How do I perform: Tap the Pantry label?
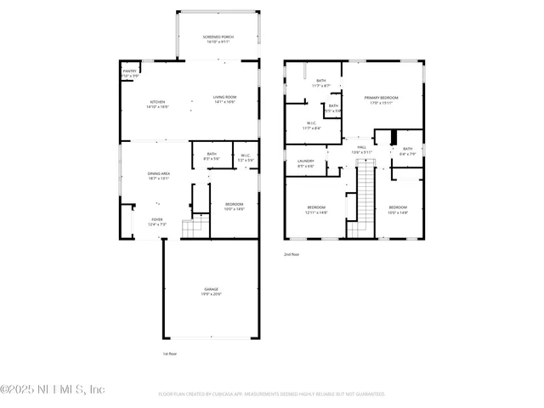(x=129, y=73)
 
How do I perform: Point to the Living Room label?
(x=224, y=100)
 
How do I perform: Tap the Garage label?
(x=211, y=292)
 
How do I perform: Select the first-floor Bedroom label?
(x=234, y=206)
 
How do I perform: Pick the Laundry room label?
(x=306, y=163)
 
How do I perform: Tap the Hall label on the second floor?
(x=361, y=150)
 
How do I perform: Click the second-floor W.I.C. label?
(x=311, y=126)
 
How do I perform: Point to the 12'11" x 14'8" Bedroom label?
(x=317, y=210)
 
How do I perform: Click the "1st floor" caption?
(x=169, y=354)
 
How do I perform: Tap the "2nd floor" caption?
(x=292, y=254)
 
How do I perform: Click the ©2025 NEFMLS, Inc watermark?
(x=53, y=389)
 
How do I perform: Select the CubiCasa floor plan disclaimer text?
(x=272, y=394)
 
